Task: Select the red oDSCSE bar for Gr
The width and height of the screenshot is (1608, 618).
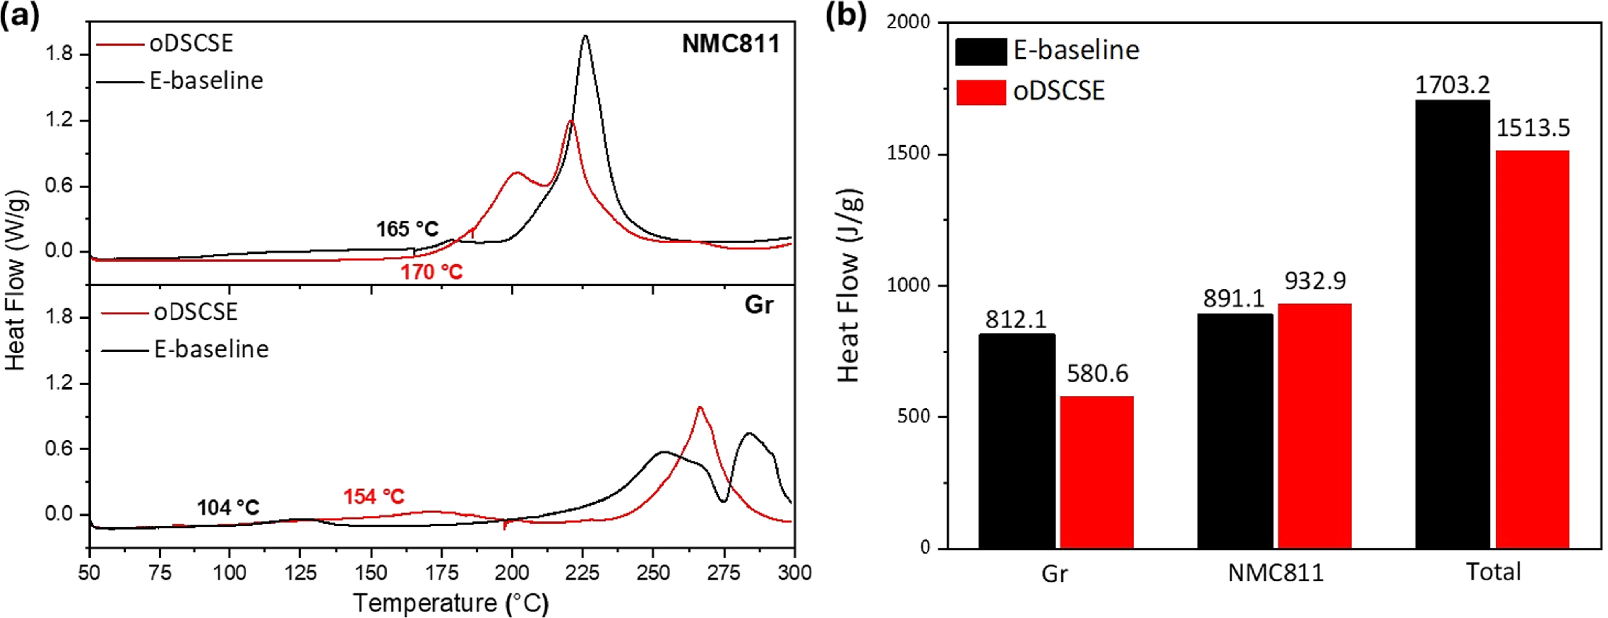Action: point(1097,472)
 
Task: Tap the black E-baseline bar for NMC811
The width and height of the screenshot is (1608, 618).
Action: point(1235,431)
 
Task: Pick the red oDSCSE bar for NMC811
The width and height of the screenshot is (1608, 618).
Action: point(1314,426)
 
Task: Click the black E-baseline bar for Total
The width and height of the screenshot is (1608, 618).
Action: point(1453,324)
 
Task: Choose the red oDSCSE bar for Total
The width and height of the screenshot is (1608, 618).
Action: point(1532,349)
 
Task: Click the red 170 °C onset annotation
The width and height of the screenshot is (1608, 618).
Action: point(431,272)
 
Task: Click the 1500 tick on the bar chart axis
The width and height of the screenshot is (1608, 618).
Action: point(908,153)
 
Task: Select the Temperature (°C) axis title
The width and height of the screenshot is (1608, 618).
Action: point(451,603)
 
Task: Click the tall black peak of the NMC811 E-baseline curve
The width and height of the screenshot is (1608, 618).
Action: point(585,36)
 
